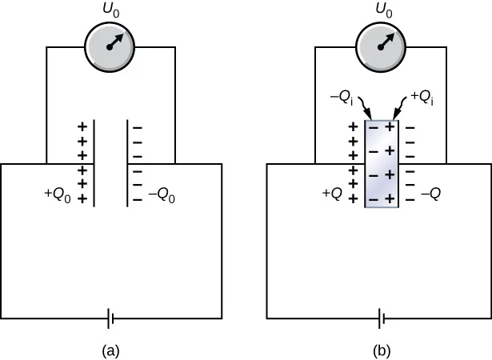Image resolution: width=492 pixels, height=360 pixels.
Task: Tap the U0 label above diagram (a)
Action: (x=110, y=11)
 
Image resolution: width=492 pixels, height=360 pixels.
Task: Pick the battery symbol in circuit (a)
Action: (x=111, y=320)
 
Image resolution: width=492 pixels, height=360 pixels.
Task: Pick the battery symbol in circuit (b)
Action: (x=382, y=320)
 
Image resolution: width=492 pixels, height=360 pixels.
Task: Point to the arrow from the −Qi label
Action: (x=366, y=107)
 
